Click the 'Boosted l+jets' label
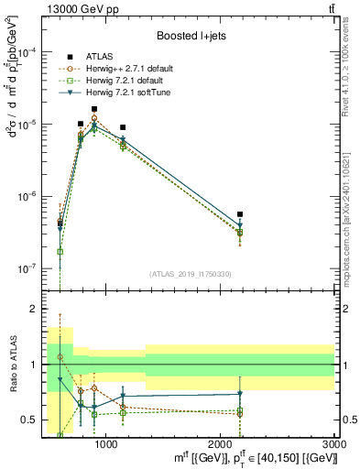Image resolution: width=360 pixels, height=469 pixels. [x=191, y=36]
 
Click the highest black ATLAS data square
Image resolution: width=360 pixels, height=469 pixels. [x=94, y=109]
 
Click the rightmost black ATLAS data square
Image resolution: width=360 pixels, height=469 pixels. [x=240, y=214]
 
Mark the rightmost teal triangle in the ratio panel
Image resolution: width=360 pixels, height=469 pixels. [x=240, y=394]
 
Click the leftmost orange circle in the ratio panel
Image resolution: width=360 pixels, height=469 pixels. [x=60, y=357]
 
